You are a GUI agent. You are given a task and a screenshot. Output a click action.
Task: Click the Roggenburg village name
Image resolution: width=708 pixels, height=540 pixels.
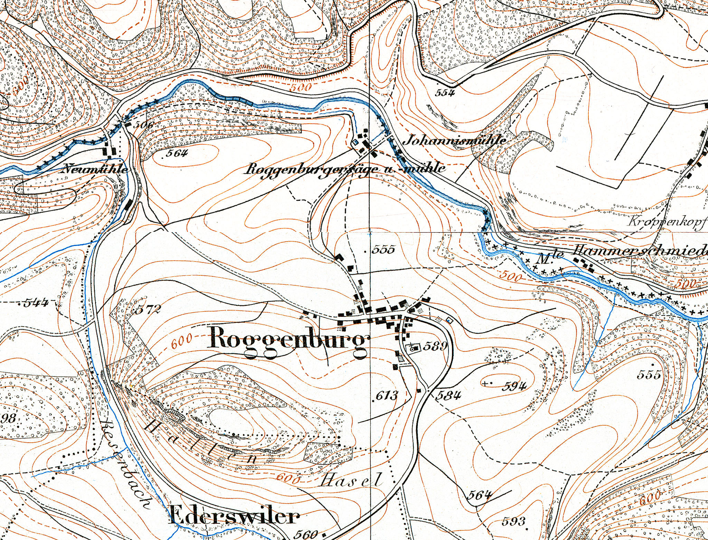287,342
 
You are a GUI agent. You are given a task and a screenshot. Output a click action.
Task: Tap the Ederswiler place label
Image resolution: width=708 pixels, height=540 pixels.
235,517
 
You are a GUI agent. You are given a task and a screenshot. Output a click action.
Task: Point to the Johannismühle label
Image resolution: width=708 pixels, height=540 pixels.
455,140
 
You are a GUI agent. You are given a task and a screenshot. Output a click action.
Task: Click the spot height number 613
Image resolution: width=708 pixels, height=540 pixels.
386,395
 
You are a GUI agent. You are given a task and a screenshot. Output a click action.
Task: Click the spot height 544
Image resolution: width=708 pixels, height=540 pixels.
36,303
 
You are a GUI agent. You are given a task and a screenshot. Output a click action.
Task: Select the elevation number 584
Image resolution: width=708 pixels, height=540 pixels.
448,395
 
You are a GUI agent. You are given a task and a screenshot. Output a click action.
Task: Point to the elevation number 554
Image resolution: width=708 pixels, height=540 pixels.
445,93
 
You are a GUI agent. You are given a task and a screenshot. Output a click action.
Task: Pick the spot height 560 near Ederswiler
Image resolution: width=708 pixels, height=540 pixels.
306,534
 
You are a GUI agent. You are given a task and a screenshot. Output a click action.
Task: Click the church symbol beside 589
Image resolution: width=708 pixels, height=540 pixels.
412,348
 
